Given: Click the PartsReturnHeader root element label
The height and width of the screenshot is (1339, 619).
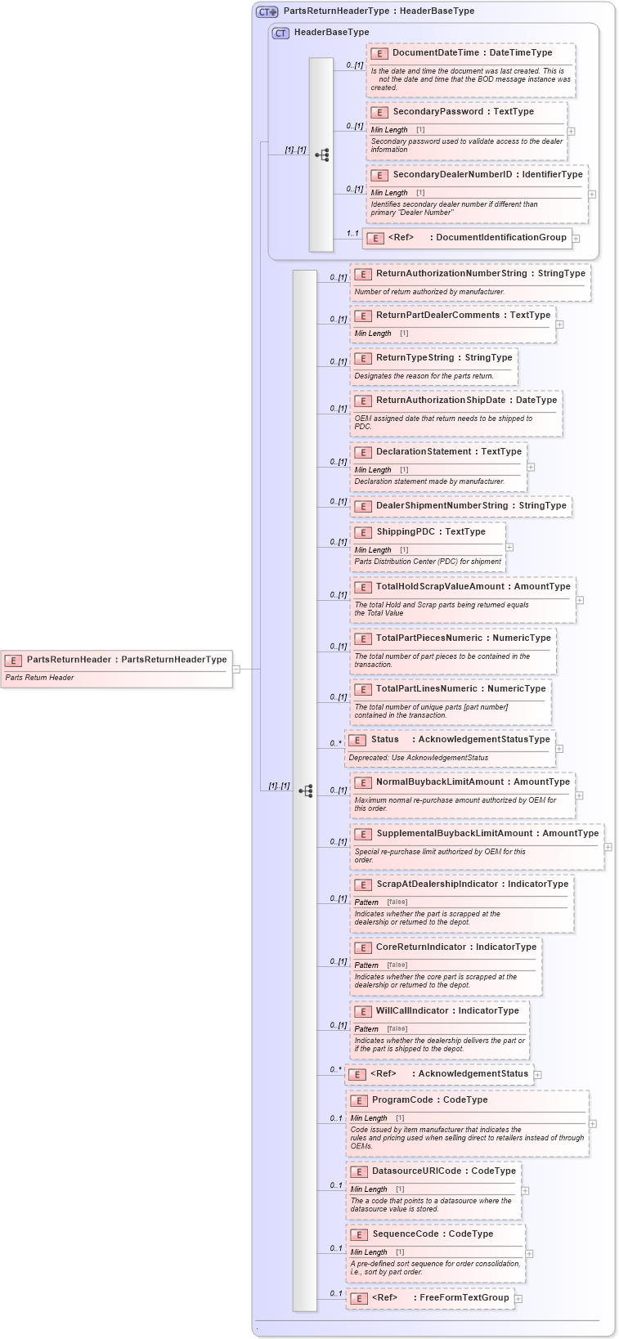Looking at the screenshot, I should point(126,660).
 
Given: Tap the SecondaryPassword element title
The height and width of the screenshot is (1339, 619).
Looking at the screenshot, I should point(463,112).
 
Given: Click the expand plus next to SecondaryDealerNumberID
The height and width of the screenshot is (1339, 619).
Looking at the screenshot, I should point(592,195).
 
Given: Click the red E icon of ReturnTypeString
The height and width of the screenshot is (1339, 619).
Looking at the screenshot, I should point(363,358).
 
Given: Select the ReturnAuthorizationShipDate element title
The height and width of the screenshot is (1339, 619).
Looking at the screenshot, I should point(466,401).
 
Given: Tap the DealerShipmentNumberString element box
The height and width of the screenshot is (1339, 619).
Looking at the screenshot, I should point(461,506).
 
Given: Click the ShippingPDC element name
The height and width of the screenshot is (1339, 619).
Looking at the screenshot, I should point(430,532).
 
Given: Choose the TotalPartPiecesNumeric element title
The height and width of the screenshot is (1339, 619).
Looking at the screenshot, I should point(463,638).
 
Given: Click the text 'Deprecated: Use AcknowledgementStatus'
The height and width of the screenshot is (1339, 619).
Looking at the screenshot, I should point(419,758).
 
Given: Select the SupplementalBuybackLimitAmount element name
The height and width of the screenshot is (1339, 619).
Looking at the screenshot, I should point(487,834).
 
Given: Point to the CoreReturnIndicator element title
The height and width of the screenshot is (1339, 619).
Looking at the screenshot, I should point(455,947).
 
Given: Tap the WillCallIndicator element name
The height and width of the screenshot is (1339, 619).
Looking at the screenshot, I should point(446,1011).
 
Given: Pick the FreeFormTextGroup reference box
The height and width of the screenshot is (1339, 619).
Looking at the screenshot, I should point(430,1298).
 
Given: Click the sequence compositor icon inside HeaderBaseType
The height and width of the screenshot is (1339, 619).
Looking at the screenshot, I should point(321,154).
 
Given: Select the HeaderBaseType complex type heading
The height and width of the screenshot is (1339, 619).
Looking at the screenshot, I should point(331,33).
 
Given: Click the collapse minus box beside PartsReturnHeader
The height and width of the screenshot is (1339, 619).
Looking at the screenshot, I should point(236,669).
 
